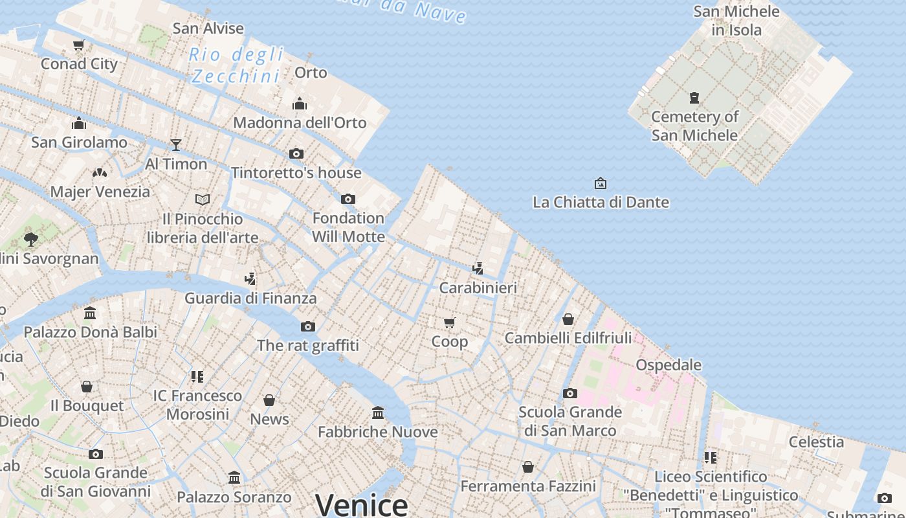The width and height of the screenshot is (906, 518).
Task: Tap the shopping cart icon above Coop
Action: point(450,322)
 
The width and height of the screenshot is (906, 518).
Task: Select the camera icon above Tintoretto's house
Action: point(296,154)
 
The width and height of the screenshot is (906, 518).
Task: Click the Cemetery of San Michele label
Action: point(694,126)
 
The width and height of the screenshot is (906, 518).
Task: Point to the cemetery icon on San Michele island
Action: point(694,98)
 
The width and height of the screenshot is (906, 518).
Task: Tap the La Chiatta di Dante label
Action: point(601,202)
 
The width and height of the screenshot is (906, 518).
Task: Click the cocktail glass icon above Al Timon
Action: point(176,144)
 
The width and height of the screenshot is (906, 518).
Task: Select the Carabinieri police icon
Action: point(478,269)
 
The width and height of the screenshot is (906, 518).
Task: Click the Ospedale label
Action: point(668,365)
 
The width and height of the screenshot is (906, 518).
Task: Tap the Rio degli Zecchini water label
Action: point(237,65)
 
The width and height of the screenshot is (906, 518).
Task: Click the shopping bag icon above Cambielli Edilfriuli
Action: point(568,319)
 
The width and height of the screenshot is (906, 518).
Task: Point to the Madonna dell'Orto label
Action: point(300,122)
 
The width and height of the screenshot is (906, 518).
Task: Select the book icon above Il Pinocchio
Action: point(203,199)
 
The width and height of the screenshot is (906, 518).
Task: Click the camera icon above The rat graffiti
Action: point(308,326)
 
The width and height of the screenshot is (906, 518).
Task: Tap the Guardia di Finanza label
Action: point(250,298)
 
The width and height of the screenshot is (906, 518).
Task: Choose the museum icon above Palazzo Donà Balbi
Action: point(90,313)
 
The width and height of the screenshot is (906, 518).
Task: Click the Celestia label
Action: point(816,442)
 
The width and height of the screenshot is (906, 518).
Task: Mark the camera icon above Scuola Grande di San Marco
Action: point(570,393)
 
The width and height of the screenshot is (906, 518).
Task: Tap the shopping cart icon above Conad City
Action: point(79,45)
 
